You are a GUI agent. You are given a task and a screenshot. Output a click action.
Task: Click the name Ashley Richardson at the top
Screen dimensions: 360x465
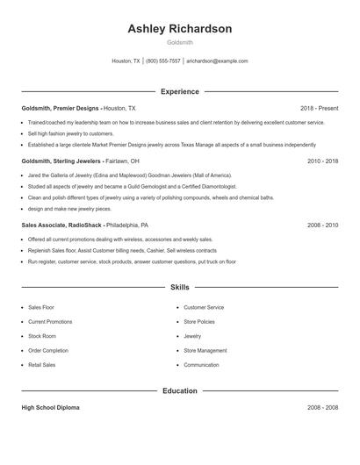(179, 29)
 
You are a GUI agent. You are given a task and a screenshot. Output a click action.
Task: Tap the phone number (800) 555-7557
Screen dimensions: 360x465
(163, 61)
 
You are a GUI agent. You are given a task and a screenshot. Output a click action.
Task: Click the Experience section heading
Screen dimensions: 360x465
(179, 91)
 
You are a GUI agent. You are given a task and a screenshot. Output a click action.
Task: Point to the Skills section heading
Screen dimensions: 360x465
(179, 287)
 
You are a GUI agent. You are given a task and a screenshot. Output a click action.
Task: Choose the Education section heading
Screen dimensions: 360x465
(179, 390)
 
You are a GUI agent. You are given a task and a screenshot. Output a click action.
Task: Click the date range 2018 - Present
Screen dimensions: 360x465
(319, 107)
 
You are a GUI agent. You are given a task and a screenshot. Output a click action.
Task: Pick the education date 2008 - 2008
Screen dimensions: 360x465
(322, 408)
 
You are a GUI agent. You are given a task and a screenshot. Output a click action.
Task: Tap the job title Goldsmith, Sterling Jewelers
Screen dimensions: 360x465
(61, 161)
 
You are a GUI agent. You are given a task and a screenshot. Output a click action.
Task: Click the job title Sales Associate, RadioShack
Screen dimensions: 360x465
(61, 225)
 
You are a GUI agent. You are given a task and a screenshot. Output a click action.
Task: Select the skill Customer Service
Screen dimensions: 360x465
(204, 308)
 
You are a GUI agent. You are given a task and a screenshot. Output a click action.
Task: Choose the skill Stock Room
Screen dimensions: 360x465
(42, 336)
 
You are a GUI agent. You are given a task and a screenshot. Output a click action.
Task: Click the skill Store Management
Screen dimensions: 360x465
(205, 350)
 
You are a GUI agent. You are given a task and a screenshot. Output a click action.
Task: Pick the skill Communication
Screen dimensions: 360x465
(201, 364)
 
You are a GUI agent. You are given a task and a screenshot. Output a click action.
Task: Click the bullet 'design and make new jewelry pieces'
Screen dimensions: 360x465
(69, 209)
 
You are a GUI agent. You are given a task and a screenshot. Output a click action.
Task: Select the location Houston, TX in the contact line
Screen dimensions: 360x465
(126, 61)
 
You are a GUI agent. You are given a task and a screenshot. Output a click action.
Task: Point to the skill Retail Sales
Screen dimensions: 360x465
(42, 364)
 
